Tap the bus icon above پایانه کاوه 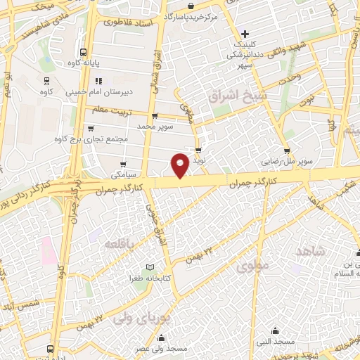point(84,52)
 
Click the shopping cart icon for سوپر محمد point(153,115)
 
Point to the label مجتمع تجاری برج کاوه point(91,139)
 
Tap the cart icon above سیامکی point(115,160)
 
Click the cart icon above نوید point(200,150)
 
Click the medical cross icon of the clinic point(245,33)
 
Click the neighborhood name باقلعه point(119,243)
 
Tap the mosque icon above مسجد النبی point(275,330)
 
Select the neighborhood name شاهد point(309,252)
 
